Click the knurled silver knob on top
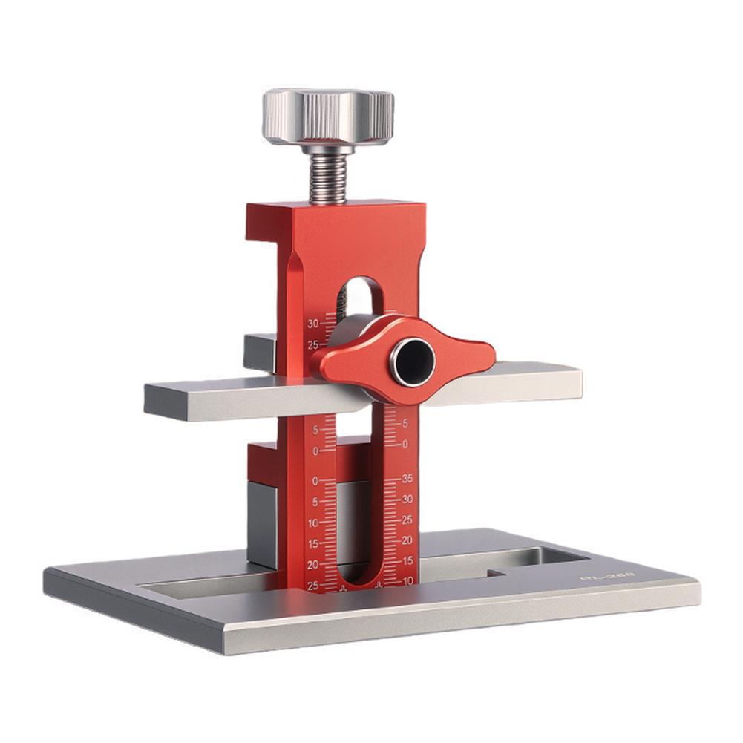click(328, 117)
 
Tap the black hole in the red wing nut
click(413, 361)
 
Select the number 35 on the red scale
click(406, 479)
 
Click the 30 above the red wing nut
click(312, 324)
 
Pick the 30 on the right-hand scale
click(406, 500)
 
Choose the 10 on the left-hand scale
click(312, 523)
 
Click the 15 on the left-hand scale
click(312, 544)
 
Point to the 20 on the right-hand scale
click(407, 540)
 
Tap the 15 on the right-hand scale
click(407, 561)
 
